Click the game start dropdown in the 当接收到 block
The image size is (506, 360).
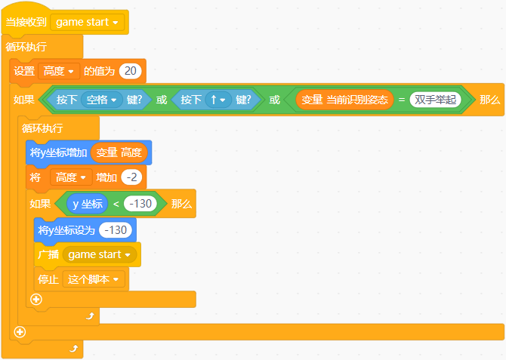[88, 22]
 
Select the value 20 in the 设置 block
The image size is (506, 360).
[131, 72]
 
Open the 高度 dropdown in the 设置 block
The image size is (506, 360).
[59, 72]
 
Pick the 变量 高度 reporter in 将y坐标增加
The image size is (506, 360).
[119, 152]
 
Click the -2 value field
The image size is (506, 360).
[131, 177]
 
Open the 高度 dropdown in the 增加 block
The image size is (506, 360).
[71, 177]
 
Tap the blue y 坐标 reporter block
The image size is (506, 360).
[87, 204]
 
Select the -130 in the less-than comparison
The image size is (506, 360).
[140, 204]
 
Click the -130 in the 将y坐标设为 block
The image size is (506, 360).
[116, 229]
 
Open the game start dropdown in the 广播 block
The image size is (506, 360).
[100, 255]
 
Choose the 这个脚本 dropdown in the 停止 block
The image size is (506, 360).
[94, 280]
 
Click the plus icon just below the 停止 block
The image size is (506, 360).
[35, 300]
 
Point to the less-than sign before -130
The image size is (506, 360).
[116, 204]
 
